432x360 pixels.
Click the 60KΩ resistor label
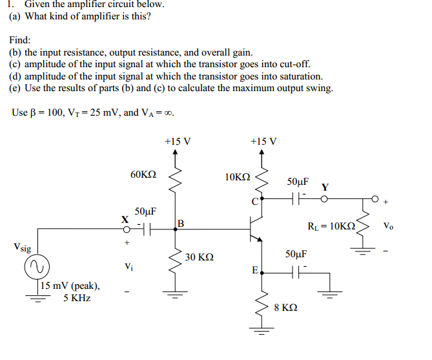(143, 175)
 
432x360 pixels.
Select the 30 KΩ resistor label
(199, 257)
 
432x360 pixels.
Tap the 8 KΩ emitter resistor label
(285, 308)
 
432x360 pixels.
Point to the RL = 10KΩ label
(332, 226)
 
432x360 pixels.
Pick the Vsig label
(21, 247)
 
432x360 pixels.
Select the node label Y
(325, 187)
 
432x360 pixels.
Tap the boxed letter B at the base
(181, 224)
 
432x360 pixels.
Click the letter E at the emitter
(256, 270)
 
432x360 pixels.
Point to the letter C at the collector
(255, 202)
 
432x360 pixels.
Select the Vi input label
(129, 266)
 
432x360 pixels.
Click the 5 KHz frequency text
(77, 298)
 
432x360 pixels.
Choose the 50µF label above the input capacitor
(145, 211)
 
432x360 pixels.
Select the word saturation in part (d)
(299, 76)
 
